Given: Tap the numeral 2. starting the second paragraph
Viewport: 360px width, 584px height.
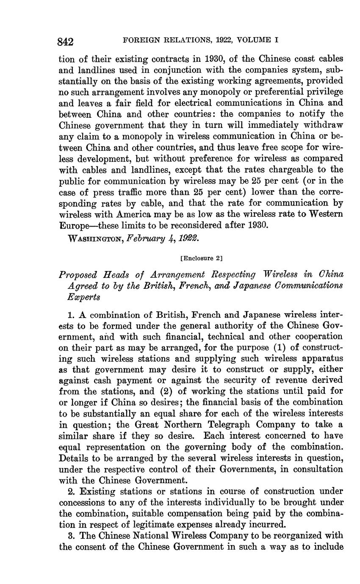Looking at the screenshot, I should [71, 491].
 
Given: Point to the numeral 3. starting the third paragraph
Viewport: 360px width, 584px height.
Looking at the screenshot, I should [71, 535].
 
